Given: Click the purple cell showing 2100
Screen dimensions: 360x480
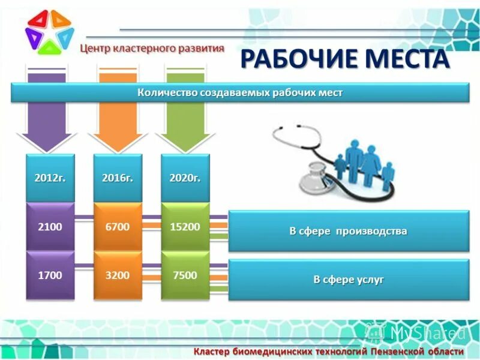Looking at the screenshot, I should pos(50,227).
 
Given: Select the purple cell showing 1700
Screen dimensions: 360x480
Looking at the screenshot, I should pos(50,275).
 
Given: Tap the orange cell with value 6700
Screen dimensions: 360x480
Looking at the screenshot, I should pos(118,227).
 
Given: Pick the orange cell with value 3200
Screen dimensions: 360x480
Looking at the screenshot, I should pos(118,275).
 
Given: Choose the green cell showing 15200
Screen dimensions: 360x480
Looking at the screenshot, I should pos(185,227).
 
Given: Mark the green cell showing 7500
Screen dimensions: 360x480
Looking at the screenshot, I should pos(185,275).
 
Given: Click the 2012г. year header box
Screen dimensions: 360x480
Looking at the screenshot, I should pos(50,178).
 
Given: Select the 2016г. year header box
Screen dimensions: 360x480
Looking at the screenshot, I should pos(118,178).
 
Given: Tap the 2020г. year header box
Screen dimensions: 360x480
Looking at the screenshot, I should pos(185,178).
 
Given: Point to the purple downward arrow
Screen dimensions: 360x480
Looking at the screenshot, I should pos(47,123).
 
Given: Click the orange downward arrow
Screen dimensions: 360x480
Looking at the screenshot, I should pos(118,123).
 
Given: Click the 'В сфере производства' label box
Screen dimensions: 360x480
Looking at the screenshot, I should pos(348,231).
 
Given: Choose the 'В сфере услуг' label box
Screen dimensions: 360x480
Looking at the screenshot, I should pos(348,280).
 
